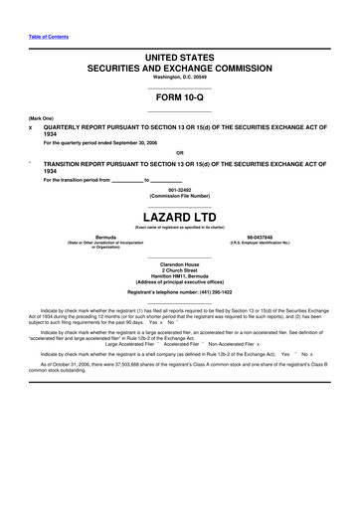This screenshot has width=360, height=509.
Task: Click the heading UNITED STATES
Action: click(x=180, y=61)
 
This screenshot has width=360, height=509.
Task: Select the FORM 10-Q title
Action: click(x=180, y=99)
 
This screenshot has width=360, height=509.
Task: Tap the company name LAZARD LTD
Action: click(x=180, y=216)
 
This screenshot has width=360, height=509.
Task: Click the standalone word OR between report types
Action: click(x=180, y=152)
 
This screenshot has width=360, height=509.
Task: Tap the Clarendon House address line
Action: click(x=180, y=263)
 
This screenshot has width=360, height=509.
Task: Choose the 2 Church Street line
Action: click(x=180, y=269)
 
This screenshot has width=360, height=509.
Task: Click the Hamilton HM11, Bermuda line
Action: click(x=180, y=275)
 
